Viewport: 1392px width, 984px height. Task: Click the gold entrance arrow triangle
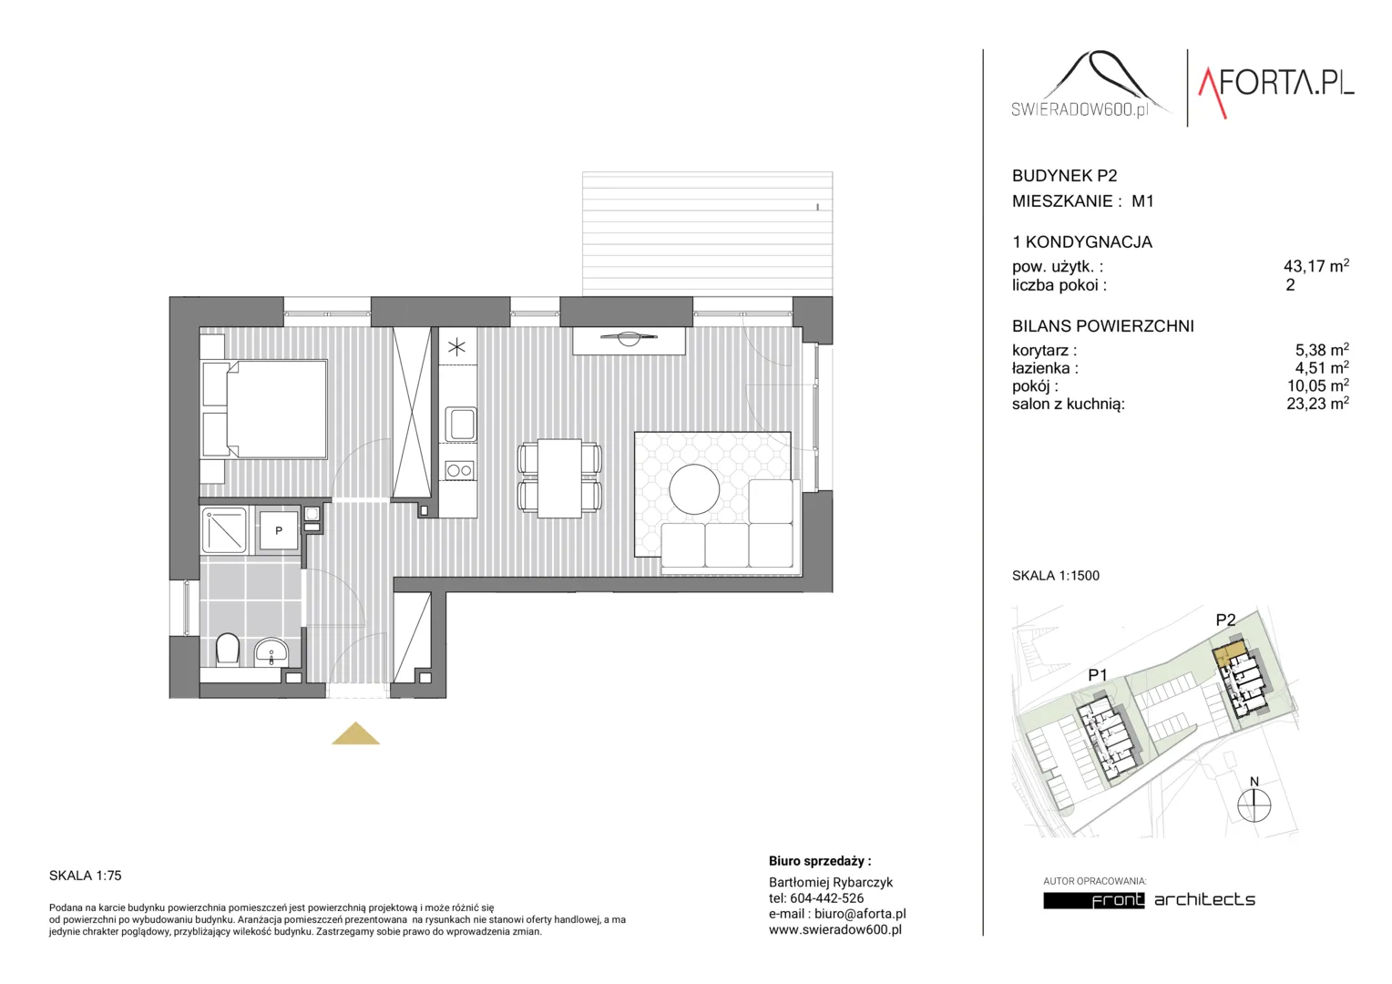pos(355,735)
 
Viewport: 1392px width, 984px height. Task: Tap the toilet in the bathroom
pos(228,649)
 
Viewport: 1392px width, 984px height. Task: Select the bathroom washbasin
pos(271,652)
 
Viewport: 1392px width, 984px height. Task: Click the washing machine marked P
pos(279,530)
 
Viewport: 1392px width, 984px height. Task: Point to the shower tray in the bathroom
pos(224,530)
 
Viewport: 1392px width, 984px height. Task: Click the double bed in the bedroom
pos(265,409)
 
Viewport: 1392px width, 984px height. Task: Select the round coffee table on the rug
pos(694,489)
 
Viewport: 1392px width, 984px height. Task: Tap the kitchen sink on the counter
pos(460,425)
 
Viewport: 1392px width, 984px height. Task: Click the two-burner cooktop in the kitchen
pos(459,470)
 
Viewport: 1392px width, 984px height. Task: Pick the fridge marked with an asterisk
pos(457,347)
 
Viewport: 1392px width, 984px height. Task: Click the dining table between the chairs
pos(559,478)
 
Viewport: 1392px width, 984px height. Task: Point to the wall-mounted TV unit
pos(629,341)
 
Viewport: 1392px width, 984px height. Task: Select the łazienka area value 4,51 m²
pos(1321,367)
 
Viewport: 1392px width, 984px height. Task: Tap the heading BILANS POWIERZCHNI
pos(1103,325)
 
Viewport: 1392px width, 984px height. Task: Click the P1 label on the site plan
pos(1098,674)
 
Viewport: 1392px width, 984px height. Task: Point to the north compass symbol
pos(1254,801)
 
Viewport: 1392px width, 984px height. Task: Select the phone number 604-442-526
pos(826,897)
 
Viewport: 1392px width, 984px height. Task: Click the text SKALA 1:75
pos(85,876)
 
